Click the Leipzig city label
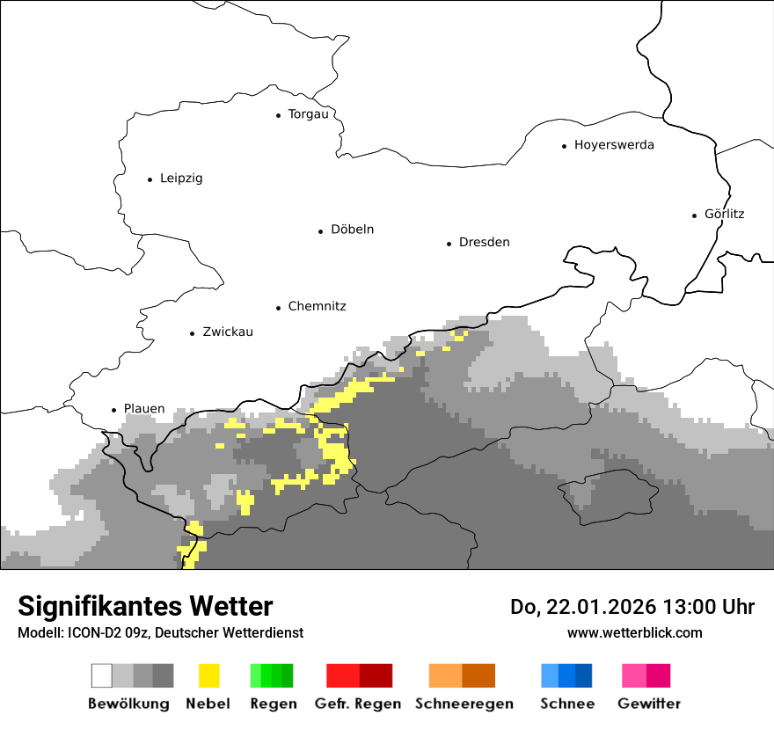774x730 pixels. [x=181, y=179]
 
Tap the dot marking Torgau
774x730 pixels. [x=279, y=115]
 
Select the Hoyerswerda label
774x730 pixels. [x=614, y=145]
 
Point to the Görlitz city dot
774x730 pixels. [x=695, y=215]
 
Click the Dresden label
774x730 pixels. [x=484, y=243]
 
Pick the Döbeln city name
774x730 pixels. [x=352, y=230]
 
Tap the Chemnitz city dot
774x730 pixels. [x=279, y=308]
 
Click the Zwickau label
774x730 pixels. [x=227, y=332]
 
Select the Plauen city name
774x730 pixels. [x=144, y=409]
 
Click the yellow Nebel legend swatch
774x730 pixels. [x=208, y=675]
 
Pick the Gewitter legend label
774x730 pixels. [x=648, y=704]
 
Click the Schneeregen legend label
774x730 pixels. [x=464, y=704]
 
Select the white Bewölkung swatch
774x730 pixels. [x=101, y=675]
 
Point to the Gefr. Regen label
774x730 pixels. [x=357, y=704]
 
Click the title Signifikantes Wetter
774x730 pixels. [x=145, y=606]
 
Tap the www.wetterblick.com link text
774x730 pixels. [x=634, y=632]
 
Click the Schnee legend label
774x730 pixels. [x=567, y=704]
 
